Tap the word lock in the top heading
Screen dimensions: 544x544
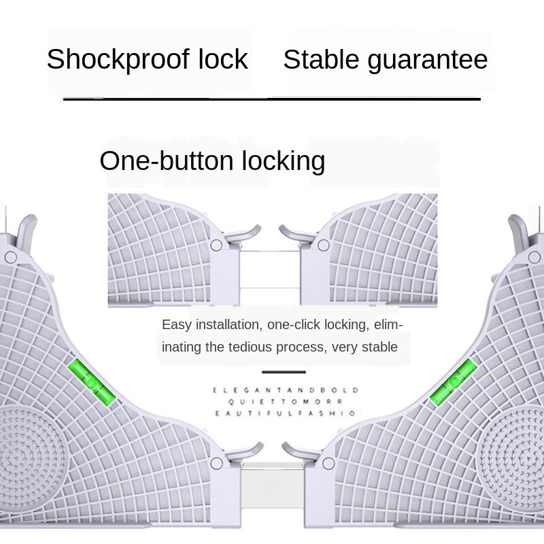(x=223, y=60)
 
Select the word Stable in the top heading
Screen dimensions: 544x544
(x=321, y=60)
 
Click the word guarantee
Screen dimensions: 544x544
(x=428, y=60)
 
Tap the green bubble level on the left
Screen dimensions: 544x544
(x=92, y=382)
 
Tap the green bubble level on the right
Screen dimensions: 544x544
(x=454, y=382)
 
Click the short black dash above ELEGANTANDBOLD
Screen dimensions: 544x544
(x=284, y=372)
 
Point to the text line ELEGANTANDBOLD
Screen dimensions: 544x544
(x=284, y=390)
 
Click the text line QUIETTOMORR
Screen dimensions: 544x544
(x=284, y=402)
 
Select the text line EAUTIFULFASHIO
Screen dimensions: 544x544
(x=284, y=413)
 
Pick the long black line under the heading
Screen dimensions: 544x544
(x=272, y=99)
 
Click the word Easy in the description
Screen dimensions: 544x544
(x=175, y=324)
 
